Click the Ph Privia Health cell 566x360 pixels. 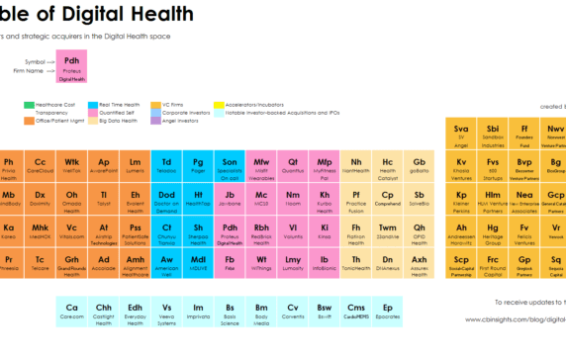tap(9, 167)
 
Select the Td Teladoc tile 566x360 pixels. tap(166, 167)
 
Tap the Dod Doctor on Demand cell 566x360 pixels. tap(166, 201)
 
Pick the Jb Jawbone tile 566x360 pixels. tap(230, 201)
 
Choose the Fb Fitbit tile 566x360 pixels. tap(230, 263)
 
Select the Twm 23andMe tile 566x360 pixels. tap(387, 232)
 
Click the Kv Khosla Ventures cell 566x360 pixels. tap(460, 167)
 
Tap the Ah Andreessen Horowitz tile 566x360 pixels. tap(460, 232)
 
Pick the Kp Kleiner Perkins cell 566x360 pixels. tap(460, 201)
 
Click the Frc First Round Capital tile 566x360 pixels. tap(492, 263)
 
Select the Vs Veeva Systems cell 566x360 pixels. tap(166, 312)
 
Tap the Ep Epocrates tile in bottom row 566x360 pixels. tap(387, 312)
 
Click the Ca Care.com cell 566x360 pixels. tap(71, 312)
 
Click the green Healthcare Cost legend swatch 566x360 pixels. tap(29, 104)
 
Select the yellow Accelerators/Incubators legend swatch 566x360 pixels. tap(219, 104)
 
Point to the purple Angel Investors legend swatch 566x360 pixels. tap(155, 122)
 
